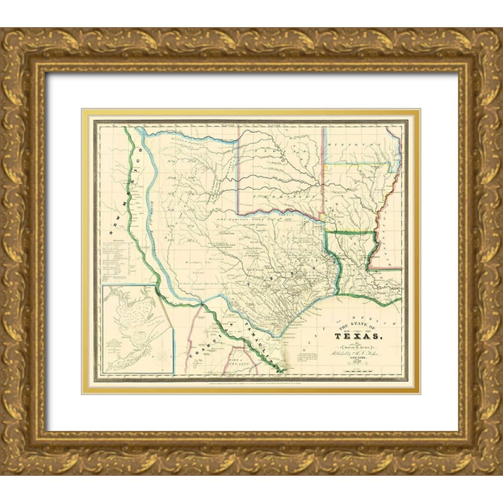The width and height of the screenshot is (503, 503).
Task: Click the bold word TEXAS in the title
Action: tap(358, 337)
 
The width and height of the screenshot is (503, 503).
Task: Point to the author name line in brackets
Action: tap(358, 347)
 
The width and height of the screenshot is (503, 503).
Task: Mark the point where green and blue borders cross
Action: tap(202, 303)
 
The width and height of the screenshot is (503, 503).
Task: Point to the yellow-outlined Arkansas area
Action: tap(352, 196)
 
